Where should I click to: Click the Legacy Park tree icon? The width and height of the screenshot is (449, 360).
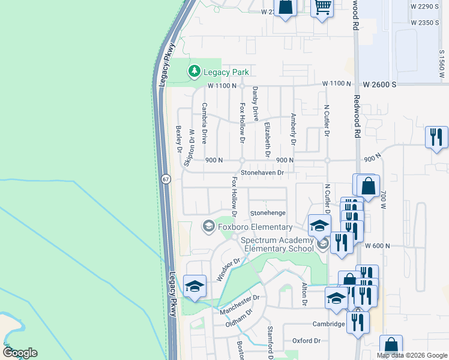pos(194,72)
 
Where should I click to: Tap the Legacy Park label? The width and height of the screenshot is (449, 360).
pos(226,73)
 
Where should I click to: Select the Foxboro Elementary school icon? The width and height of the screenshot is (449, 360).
pos(208,226)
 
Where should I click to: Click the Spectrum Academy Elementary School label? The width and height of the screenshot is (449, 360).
pos(277,244)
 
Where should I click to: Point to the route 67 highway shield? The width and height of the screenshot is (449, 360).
pos(166,179)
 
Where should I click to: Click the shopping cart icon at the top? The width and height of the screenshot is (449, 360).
pos(323,7)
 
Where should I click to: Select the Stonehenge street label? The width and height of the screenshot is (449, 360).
pos(268,213)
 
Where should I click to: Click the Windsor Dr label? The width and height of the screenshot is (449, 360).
pos(228,269)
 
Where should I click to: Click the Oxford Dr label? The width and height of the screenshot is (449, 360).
pos(307,341)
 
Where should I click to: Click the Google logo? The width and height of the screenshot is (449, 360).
pos(20,352)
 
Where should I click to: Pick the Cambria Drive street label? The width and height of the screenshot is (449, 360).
pos(205,123)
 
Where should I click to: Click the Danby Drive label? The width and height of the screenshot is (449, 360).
pos(255,103)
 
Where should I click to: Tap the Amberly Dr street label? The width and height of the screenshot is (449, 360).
pos(293,128)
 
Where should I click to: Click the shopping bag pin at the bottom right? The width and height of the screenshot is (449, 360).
pos(391,346)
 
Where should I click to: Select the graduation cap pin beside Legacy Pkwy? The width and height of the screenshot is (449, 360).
pos(194,286)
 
